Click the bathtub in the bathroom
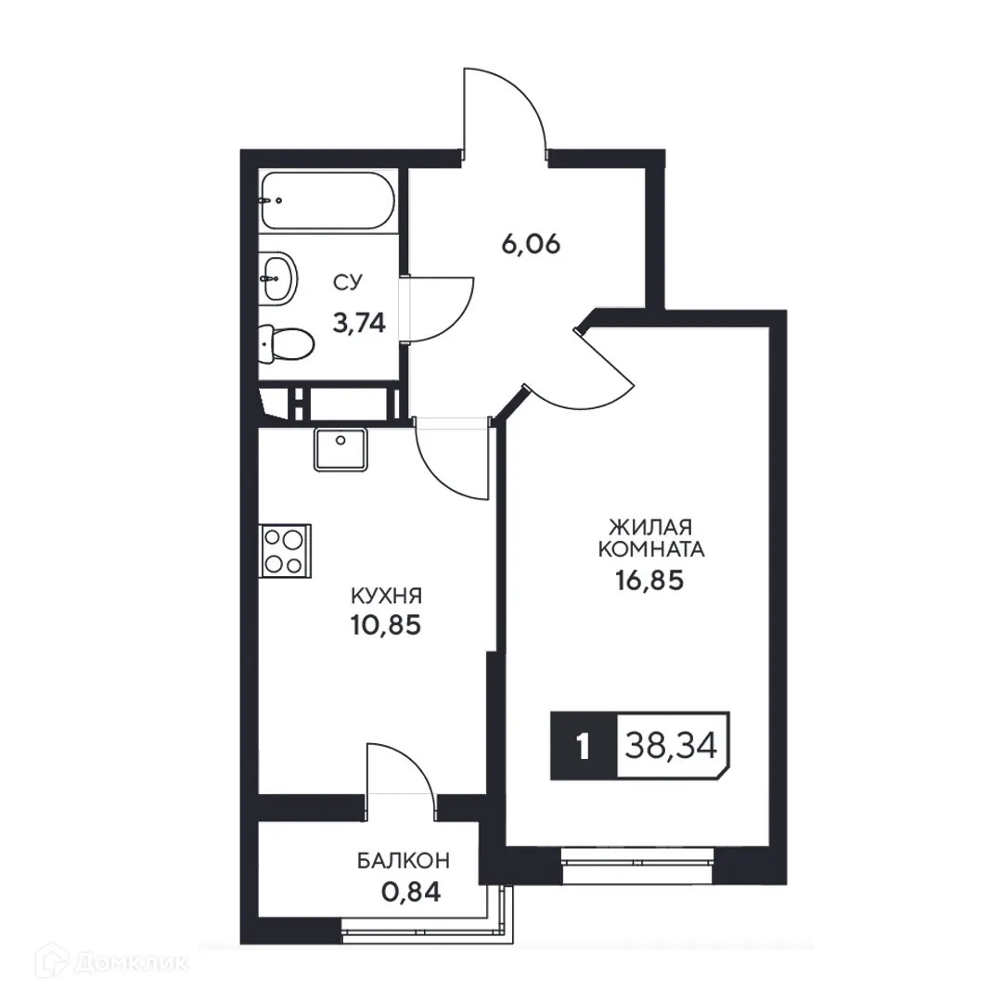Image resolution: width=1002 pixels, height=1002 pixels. tap(328, 201)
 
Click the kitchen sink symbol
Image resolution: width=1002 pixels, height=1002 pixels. tap(340, 449)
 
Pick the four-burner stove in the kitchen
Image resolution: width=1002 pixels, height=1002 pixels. tap(284, 550)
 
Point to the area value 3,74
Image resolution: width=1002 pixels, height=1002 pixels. tap(359, 322)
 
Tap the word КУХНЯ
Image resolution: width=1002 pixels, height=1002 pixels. tap(386, 595)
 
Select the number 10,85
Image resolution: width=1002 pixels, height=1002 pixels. tap(386, 625)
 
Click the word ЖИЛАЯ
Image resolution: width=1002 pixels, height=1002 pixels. tap(651, 524)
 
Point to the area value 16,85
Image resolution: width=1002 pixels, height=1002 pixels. tap(651, 581)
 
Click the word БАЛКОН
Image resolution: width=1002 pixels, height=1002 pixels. tap(404, 861)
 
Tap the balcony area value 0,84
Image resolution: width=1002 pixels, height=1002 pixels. tap(409, 893)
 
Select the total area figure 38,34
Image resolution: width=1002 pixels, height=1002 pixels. tap(673, 745)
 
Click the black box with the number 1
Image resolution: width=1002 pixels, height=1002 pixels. tap(583, 746)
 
